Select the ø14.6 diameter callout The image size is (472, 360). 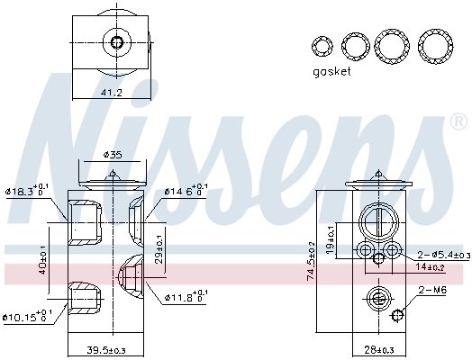186,191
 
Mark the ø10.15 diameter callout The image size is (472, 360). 29,317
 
